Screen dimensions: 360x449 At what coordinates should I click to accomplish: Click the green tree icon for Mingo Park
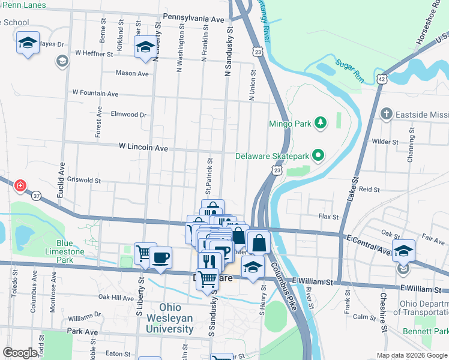tap(321, 124)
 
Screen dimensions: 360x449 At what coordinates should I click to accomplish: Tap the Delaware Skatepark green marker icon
tap(319, 156)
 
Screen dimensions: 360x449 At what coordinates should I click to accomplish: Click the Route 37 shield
tap(37, 196)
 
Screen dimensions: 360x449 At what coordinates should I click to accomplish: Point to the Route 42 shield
tap(382, 78)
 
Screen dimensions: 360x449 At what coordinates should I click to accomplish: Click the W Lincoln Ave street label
tap(143, 146)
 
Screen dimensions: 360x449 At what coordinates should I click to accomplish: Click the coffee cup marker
tap(160, 257)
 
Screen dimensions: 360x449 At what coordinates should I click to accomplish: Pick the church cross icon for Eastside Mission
tap(387, 113)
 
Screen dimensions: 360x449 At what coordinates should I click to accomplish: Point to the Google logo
tap(20, 353)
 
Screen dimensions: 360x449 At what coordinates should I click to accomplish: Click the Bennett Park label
tap(433, 331)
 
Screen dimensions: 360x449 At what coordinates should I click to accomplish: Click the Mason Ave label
tap(132, 73)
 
